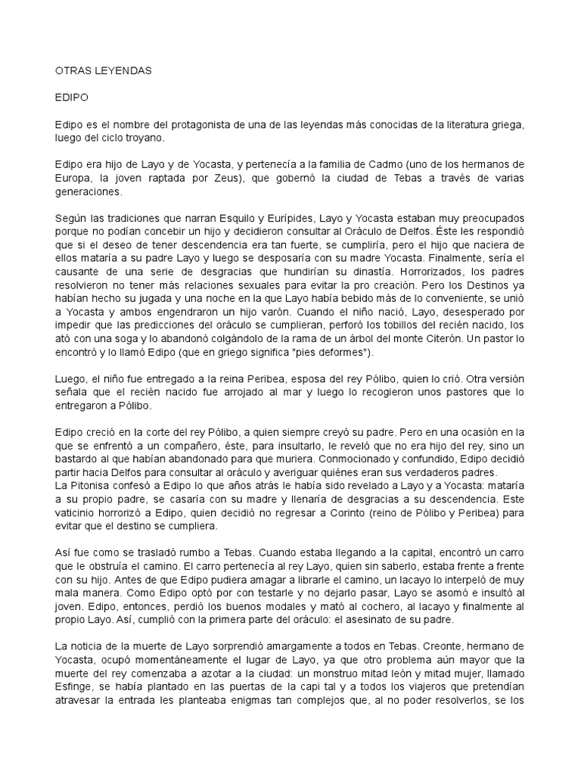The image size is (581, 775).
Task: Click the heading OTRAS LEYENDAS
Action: (x=104, y=70)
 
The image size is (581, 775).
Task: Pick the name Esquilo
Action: (x=240, y=218)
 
